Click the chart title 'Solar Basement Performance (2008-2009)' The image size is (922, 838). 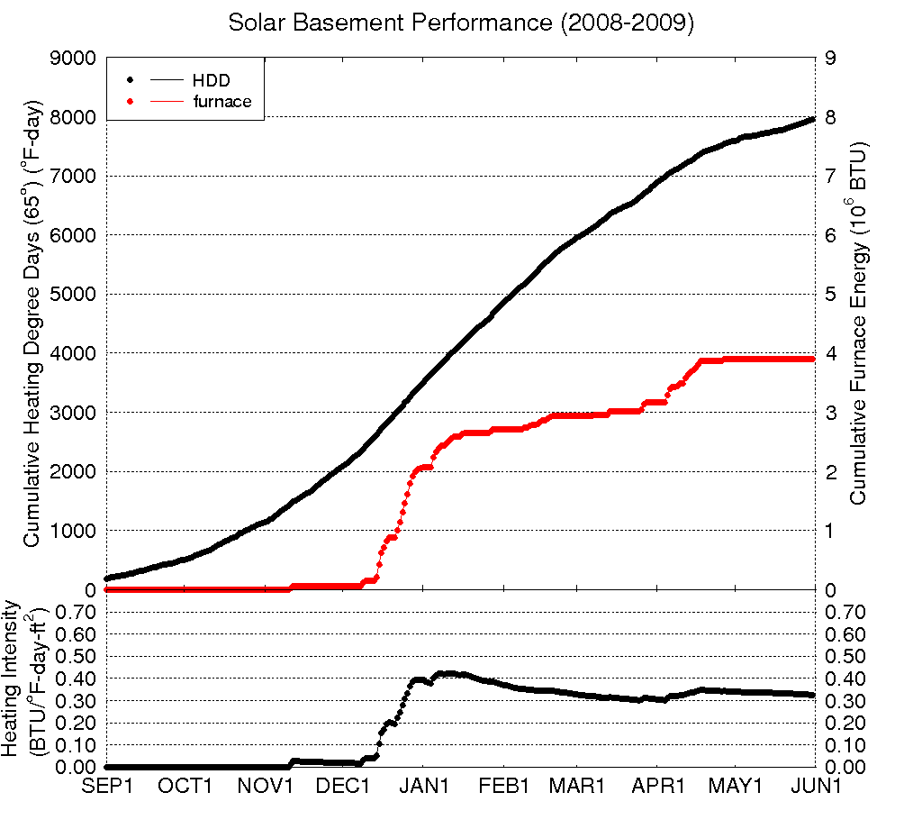[x=461, y=23]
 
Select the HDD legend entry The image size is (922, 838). [x=212, y=81]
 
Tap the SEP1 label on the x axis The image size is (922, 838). [x=108, y=786]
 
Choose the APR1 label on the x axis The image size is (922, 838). [x=658, y=786]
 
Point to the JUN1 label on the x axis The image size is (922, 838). [x=813, y=786]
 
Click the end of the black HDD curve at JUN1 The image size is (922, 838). [x=812, y=118]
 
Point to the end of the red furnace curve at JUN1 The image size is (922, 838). [x=812, y=359]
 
